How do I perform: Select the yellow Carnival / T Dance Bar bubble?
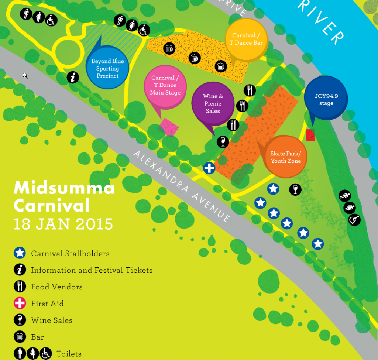[246, 39]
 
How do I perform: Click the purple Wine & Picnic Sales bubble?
[213, 103]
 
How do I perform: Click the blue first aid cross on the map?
[209, 168]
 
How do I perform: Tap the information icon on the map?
[73, 78]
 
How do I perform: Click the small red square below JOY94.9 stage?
[310, 135]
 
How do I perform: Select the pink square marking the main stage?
[169, 127]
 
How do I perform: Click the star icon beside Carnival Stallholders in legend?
[20, 253]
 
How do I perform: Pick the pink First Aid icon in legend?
[20, 304]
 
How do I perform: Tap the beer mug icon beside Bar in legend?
[20, 337]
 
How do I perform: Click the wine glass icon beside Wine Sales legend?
[20, 320]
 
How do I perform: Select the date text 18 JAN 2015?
[63, 224]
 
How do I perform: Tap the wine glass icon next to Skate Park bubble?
[295, 189]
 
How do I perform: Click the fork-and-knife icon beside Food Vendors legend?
[20, 287]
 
